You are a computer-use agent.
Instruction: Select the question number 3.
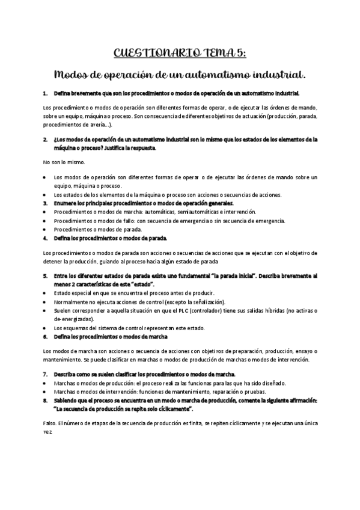46,203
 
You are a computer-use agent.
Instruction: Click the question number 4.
46,238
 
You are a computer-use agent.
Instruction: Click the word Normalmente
73,301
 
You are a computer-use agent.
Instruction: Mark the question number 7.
46,373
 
